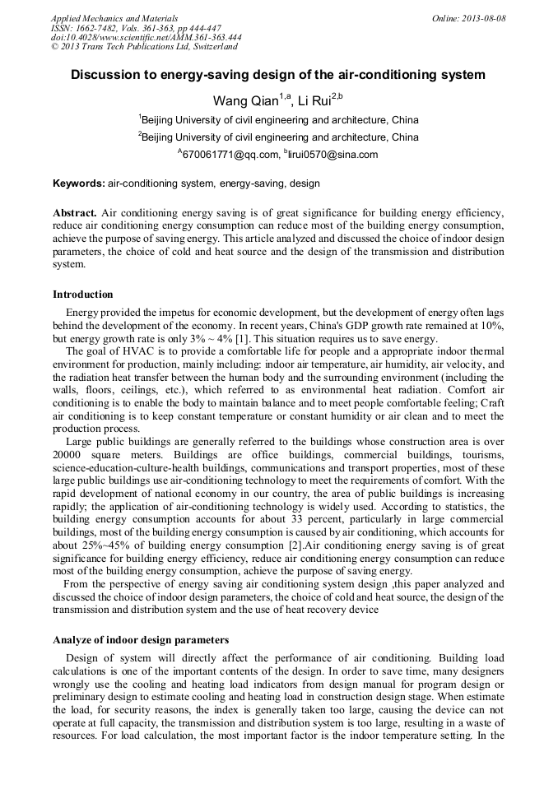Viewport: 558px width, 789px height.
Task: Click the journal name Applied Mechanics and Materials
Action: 114,17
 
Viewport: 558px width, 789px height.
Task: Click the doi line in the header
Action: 146,37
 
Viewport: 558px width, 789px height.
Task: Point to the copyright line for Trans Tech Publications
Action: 144,47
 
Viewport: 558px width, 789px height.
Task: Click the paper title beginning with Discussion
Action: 278,75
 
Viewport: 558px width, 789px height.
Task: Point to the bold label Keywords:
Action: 79,183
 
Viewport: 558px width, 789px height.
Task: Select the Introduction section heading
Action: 83,295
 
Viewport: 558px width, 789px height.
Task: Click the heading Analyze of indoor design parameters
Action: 141,640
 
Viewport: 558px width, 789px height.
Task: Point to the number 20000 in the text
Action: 69,454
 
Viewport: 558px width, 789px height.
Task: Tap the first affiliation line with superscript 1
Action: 278,119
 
